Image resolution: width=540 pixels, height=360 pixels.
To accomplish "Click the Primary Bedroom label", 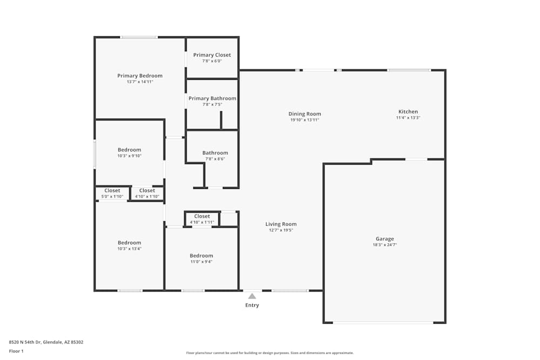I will [x=140, y=76].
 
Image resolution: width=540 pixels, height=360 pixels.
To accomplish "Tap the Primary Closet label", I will [x=212, y=55].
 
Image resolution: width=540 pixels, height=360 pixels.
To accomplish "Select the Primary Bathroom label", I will [x=212, y=99].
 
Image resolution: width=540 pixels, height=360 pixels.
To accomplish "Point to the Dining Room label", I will [x=305, y=114].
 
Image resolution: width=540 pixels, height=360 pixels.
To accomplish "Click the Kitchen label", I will [x=408, y=112].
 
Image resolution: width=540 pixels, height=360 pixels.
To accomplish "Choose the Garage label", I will [x=384, y=239].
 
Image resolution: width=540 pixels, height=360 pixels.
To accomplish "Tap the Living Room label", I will [x=281, y=224].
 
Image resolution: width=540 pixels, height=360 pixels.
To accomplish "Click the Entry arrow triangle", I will [x=252, y=296].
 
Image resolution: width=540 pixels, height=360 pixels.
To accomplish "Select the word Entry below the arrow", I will [x=252, y=305].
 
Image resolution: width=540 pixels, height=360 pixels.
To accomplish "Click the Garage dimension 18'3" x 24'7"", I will [x=384, y=245].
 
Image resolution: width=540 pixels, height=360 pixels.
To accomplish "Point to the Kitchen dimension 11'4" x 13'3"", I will [x=408, y=118].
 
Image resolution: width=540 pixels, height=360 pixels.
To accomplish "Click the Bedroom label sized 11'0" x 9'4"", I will [x=201, y=256].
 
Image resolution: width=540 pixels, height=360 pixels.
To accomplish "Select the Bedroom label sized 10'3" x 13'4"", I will [x=129, y=243].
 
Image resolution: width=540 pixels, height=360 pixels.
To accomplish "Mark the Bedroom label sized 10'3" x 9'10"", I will [x=129, y=150].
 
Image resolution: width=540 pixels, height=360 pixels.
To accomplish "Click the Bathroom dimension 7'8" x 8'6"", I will [x=215, y=159].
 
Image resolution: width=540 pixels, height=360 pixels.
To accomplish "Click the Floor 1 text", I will [x=16, y=351].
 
